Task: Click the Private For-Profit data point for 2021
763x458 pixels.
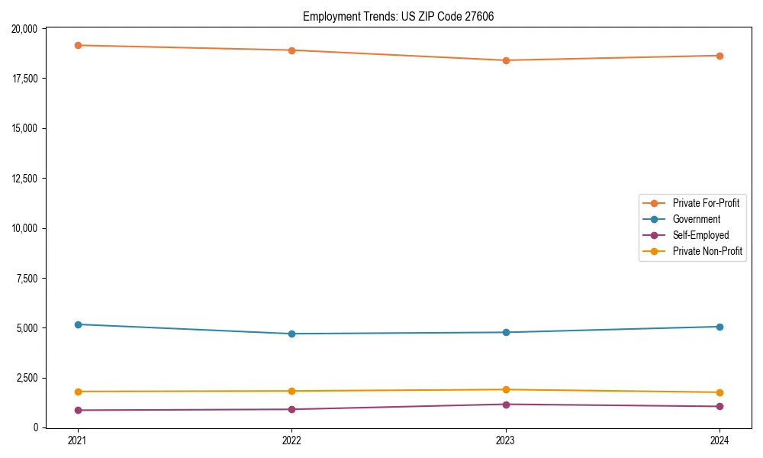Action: point(77,45)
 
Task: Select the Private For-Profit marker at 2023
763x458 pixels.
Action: point(506,60)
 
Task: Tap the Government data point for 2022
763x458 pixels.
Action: point(291,334)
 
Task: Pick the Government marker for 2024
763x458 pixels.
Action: point(720,327)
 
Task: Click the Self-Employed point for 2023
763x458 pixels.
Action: point(506,405)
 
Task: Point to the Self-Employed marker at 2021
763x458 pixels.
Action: point(77,410)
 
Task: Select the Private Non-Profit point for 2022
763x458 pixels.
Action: point(291,391)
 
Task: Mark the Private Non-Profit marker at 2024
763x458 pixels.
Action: point(720,392)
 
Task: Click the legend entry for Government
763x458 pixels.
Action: point(696,219)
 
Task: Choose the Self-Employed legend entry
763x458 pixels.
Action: point(700,235)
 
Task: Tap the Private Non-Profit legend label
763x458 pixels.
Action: point(707,251)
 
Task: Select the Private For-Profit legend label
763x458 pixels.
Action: point(705,203)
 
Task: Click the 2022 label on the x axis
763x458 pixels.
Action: point(291,440)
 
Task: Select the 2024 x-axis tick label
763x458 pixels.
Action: point(720,440)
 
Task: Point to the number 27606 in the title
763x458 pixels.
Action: point(478,16)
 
